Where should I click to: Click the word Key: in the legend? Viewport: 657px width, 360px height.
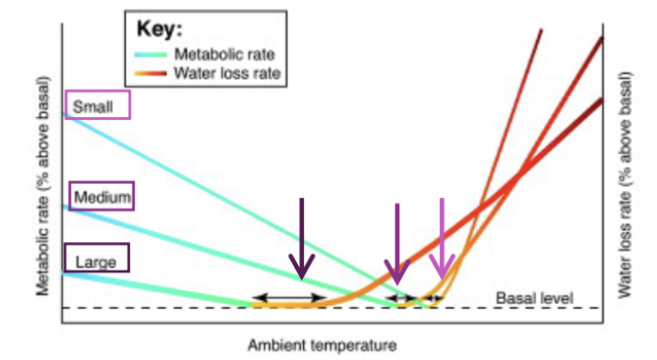[158, 30]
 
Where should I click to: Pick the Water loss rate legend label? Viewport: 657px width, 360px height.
[225, 73]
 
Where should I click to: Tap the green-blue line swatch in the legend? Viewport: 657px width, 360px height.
[155, 54]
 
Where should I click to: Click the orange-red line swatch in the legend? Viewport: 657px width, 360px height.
[155, 73]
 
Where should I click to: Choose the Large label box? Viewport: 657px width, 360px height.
[96, 261]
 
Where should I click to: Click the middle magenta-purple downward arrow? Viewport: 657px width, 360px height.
[396, 243]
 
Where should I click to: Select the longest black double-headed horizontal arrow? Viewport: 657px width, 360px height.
[289, 297]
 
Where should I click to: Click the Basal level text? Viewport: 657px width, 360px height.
[533, 297]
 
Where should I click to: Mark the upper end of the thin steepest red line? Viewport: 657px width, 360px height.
[541, 31]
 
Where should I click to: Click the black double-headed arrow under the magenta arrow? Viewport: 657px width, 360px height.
[399, 297]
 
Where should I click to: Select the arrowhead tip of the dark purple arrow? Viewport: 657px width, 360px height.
[302, 277]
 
